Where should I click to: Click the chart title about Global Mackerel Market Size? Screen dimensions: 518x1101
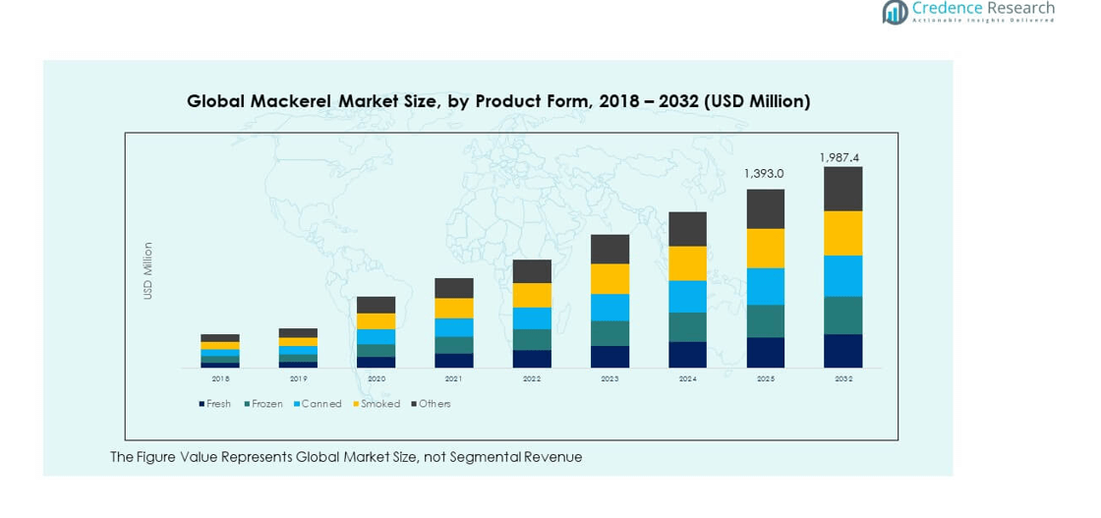[498, 101]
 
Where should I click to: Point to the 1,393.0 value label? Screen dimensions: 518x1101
[763, 174]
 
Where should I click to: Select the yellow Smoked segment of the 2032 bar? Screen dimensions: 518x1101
[842, 233]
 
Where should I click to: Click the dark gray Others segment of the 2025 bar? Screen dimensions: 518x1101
[766, 208]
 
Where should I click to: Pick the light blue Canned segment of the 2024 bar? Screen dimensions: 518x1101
[687, 296]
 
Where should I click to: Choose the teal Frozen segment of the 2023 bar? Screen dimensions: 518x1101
[609, 333]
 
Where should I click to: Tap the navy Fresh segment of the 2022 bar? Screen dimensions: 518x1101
[532, 359]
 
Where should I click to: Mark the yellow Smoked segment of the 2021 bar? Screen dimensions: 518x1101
[454, 308]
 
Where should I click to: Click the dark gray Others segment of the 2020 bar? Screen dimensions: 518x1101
[376, 305]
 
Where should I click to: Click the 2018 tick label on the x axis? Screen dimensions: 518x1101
[220, 378]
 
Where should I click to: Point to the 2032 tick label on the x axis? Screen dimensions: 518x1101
[842, 378]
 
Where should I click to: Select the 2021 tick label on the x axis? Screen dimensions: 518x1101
[454, 378]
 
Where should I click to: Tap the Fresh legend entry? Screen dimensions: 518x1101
[214, 404]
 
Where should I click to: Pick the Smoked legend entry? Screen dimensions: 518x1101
[377, 404]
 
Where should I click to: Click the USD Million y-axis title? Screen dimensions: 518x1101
[148, 270]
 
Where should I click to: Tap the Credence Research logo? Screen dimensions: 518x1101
[967, 12]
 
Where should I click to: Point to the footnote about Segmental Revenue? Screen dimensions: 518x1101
[346, 457]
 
